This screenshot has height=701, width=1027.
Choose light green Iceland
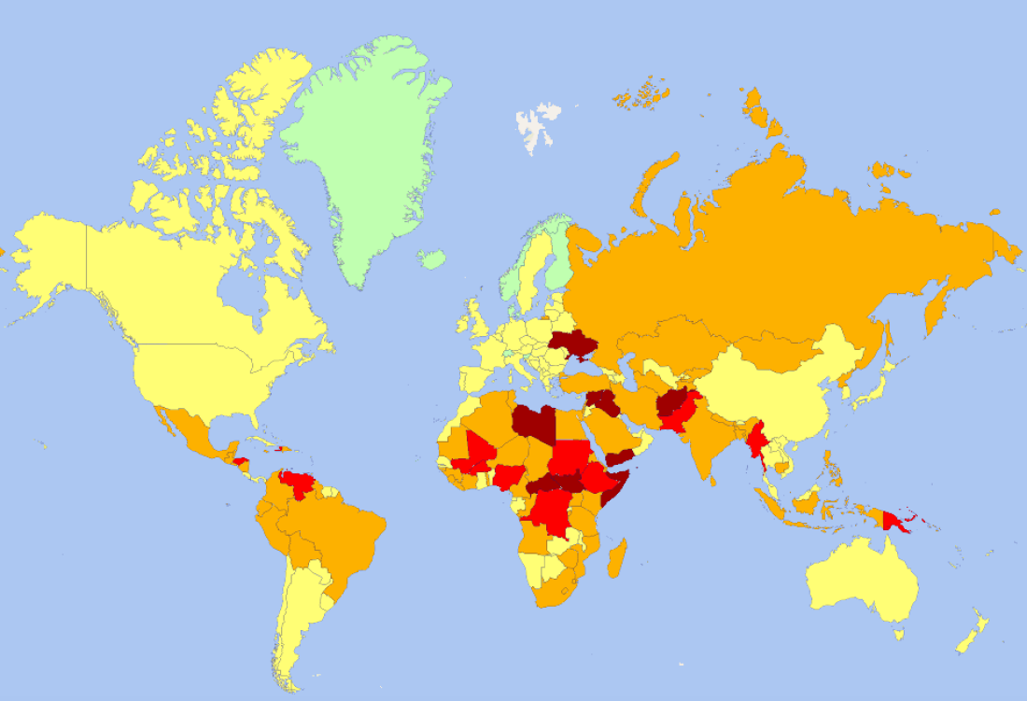[430, 258]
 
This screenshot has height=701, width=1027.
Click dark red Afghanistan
[673, 405]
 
